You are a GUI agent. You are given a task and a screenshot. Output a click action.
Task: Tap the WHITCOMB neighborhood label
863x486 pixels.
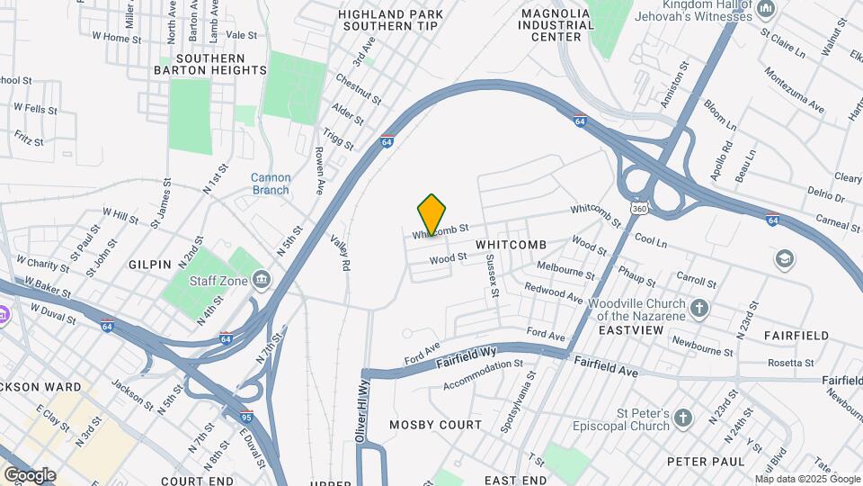(511, 245)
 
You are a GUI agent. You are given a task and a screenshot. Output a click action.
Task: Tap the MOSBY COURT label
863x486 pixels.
(435, 424)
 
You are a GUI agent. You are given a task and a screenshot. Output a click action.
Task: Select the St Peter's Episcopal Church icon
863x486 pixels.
(684, 418)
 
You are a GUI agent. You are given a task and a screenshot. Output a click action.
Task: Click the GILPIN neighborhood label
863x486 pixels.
(150, 265)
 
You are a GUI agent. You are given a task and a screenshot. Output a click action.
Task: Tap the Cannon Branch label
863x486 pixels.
(270, 184)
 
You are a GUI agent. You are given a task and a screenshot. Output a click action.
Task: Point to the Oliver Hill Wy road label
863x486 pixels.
(365, 409)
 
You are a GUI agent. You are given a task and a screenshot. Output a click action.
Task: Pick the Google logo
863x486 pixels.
(30, 474)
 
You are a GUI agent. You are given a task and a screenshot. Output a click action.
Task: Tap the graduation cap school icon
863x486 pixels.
(785, 259)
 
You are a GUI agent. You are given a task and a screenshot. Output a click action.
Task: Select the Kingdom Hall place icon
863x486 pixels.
(766, 9)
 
